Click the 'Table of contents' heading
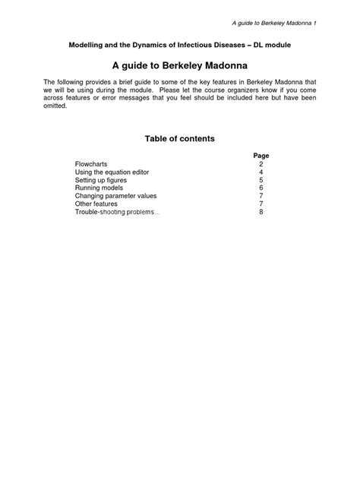(x=180, y=139)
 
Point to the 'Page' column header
(x=261, y=156)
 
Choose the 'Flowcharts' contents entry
(x=92, y=164)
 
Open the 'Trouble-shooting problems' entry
(x=117, y=213)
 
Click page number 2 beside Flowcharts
(x=261, y=164)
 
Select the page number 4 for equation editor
(x=261, y=172)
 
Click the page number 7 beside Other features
(x=261, y=204)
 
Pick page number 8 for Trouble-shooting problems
(x=261, y=213)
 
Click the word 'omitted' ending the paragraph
(x=55, y=106)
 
